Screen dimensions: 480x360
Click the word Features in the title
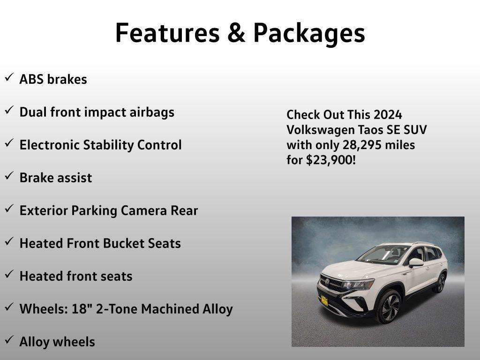click(167, 32)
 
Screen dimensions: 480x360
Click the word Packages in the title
click(309, 34)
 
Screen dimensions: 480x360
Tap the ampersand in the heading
click(236, 33)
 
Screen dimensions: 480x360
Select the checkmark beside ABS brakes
click(9, 77)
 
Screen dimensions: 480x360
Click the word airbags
click(152, 112)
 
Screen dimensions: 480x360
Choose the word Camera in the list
click(143, 210)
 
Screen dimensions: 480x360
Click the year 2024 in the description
click(388, 115)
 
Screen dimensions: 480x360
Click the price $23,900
click(330, 160)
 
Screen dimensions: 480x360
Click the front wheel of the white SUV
click(388, 307)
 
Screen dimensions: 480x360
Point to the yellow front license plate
click(324, 300)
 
